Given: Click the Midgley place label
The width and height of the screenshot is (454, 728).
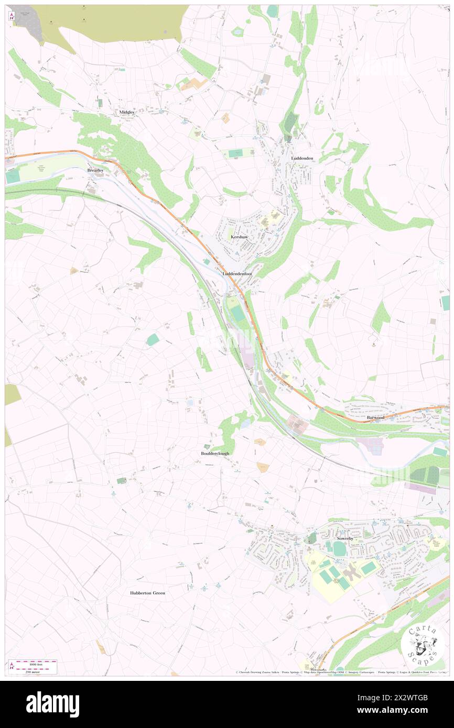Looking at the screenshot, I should click(x=127, y=112).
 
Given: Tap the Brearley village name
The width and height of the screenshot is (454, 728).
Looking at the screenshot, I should click(x=96, y=170).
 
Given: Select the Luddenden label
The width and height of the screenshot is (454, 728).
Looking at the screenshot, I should click(x=302, y=158).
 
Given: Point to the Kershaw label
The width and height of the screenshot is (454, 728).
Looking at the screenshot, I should click(x=239, y=237).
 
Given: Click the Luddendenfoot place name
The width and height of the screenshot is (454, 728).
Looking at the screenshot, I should click(x=237, y=273).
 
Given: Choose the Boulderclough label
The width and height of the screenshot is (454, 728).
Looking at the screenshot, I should click(x=215, y=453).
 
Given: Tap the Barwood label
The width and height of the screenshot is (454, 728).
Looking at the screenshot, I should click(x=375, y=417).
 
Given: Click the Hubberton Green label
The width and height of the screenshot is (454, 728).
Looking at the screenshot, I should click(x=148, y=593).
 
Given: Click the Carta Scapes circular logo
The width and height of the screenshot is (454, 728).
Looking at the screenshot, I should click(x=422, y=646).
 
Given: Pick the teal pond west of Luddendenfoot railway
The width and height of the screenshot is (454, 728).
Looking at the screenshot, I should click(x=153, y=340).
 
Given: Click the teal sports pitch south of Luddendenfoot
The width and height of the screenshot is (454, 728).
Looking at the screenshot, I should click(x=238, y=314).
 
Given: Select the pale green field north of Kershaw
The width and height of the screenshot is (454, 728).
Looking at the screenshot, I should click(x=235, y=153).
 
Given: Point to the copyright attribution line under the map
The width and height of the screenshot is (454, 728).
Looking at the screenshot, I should click(x=341, y=672).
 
